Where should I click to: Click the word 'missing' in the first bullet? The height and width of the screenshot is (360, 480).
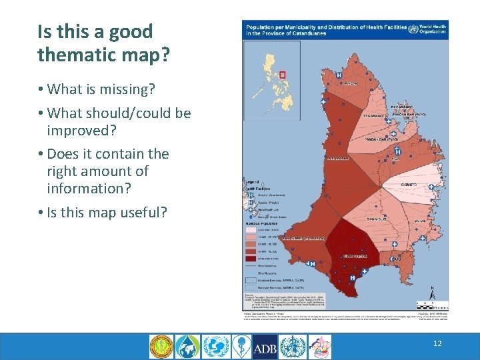[x=127, y=89]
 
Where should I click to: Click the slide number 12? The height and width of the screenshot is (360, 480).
[x=437, y=343]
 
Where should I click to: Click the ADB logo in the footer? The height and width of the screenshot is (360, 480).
[x=265, y=346]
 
